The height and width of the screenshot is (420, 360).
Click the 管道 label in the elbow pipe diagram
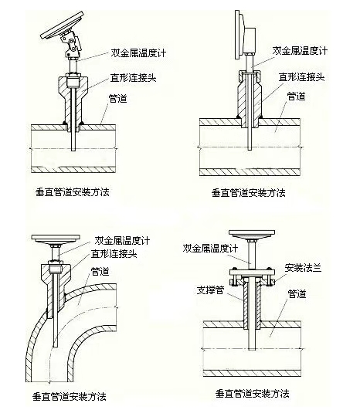pos(100,271)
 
